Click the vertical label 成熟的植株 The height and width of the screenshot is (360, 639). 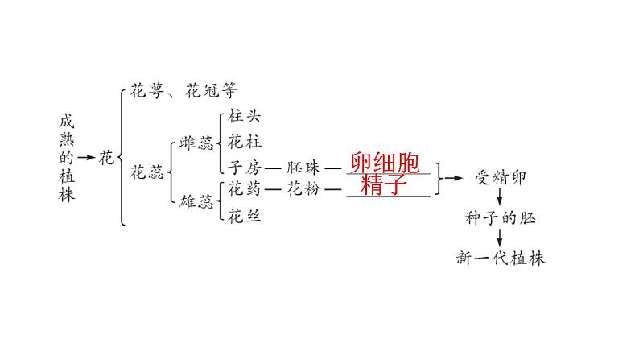pyautogui.click(x=67, y=157)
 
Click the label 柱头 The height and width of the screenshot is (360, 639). pyautogui.click(x=245, y=116)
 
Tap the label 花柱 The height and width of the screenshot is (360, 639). pyautogui.click(x=245, y=142)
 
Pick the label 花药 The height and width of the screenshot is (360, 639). pyautogui.click(x=245, y=191)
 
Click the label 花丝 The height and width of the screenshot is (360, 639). pyautogui.click(x=245, y=216)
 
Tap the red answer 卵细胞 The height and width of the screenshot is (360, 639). pyautogui.click(x=385, y=163)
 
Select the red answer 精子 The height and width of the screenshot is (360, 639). pyautogui.click(x=385, y=184)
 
